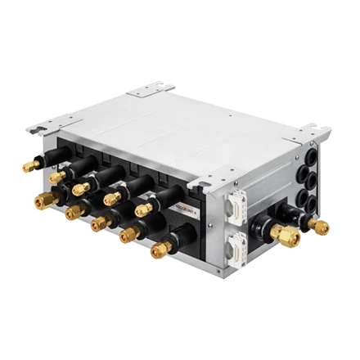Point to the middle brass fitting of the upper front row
(79, 190)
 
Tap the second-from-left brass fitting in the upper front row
(55, 176)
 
